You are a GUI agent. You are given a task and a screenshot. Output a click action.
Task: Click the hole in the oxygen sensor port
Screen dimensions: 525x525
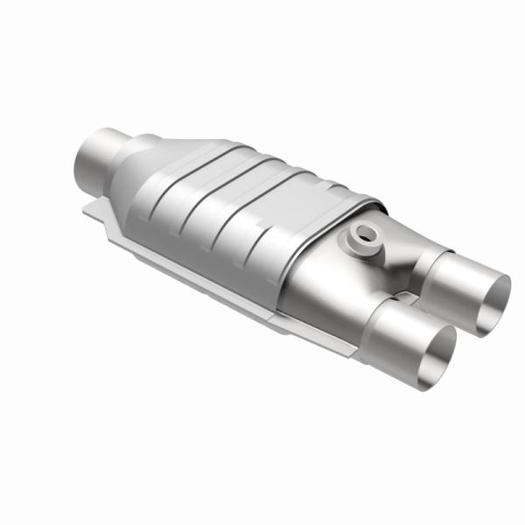pos(364,233)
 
